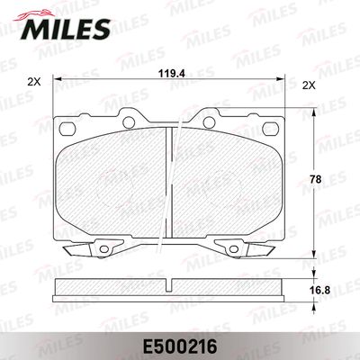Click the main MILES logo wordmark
pyautogui.click(x=65, y=29)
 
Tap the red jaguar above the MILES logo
pyautogui.click(x=33, y=14)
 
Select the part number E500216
pyautogui.click(x=180, y=346)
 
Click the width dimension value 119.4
pyautogui.click(x=169, y=73)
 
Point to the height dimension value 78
pyautogui.click(x=316, y=179)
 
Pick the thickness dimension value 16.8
pyautogui.click(x=320, y=290)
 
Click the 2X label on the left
pyautogui.click(x=33, y=82)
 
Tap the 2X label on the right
pyautogui.click(x=309, y=85)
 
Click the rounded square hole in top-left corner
pyautogui.click(x=67, y=129)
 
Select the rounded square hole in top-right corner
pyautogui.click(x=269, y=128)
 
